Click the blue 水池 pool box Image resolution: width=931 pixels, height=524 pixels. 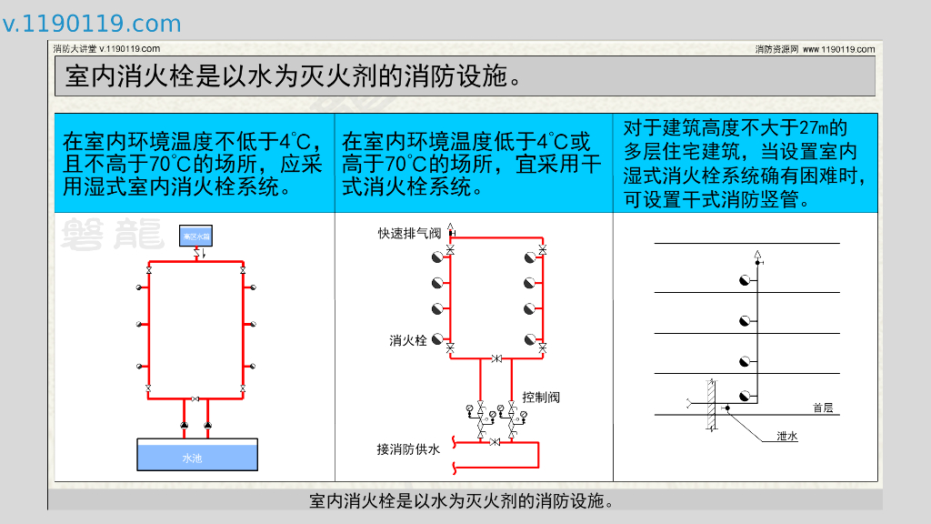click(196, 455)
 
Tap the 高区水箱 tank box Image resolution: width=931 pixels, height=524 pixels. click(196, 237)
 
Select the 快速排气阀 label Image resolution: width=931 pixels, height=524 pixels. click(409, 234)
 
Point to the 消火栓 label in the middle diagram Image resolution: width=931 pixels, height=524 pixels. click(408, 340)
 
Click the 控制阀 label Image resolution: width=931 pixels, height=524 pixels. click(541, 397)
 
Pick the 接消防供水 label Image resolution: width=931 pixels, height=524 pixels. click(408, 448)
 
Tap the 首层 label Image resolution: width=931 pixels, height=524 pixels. click(823, 408)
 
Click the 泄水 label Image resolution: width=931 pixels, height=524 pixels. click(787, 437)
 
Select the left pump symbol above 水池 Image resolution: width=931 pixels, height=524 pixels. click(185, 425)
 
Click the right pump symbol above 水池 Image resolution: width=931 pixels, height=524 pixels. click(208, 425)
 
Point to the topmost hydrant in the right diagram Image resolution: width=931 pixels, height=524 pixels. click(746, 280)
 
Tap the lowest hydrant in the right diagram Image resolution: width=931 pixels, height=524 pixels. click(746, 396)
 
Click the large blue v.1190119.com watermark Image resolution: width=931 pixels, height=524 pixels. click(92, 24)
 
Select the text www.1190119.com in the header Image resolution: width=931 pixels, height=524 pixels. click(838, 49)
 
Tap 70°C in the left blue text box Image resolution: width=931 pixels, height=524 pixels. click(169, 165)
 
